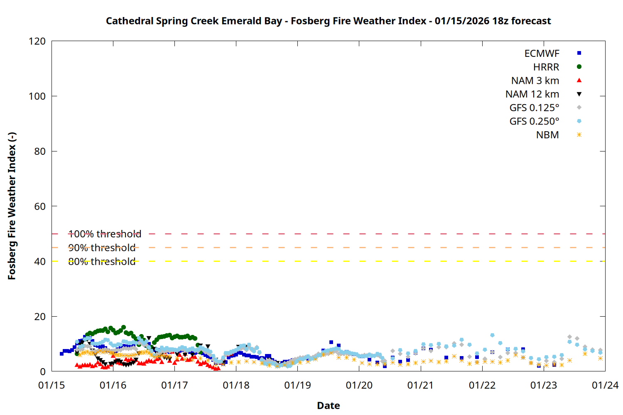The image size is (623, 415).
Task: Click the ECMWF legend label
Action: [x=542, y=54]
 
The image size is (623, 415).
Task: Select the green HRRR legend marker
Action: [x=579, y=67]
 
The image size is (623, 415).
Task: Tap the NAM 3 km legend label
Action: [x=535, y=81]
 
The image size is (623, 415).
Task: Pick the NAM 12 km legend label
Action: [x=532, y=94]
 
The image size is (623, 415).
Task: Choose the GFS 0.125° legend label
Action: [x=534, y=108]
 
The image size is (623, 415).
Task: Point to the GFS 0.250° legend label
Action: [x=534, y=122]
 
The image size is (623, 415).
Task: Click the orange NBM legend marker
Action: [x=579, y=135]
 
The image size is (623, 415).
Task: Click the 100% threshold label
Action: [x=105, y=234]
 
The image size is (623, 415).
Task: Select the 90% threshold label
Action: [x=102, y=248]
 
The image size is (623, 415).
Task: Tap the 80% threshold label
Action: [x=102, y=262]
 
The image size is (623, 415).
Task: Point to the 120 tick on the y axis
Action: [x=37, y=41]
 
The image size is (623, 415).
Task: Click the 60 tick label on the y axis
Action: [x=40, y=206]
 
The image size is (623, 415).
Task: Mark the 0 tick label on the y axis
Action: [x=43, y=372]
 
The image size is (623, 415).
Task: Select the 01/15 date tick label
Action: [x=52, y=386]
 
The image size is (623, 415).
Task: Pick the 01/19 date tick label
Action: [x=297, y=386]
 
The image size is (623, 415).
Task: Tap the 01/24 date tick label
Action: [x=605, y=386]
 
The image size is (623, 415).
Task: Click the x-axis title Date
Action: [x=328, y=405]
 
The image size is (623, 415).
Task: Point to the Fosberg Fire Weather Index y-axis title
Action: [x=12, y=206]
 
